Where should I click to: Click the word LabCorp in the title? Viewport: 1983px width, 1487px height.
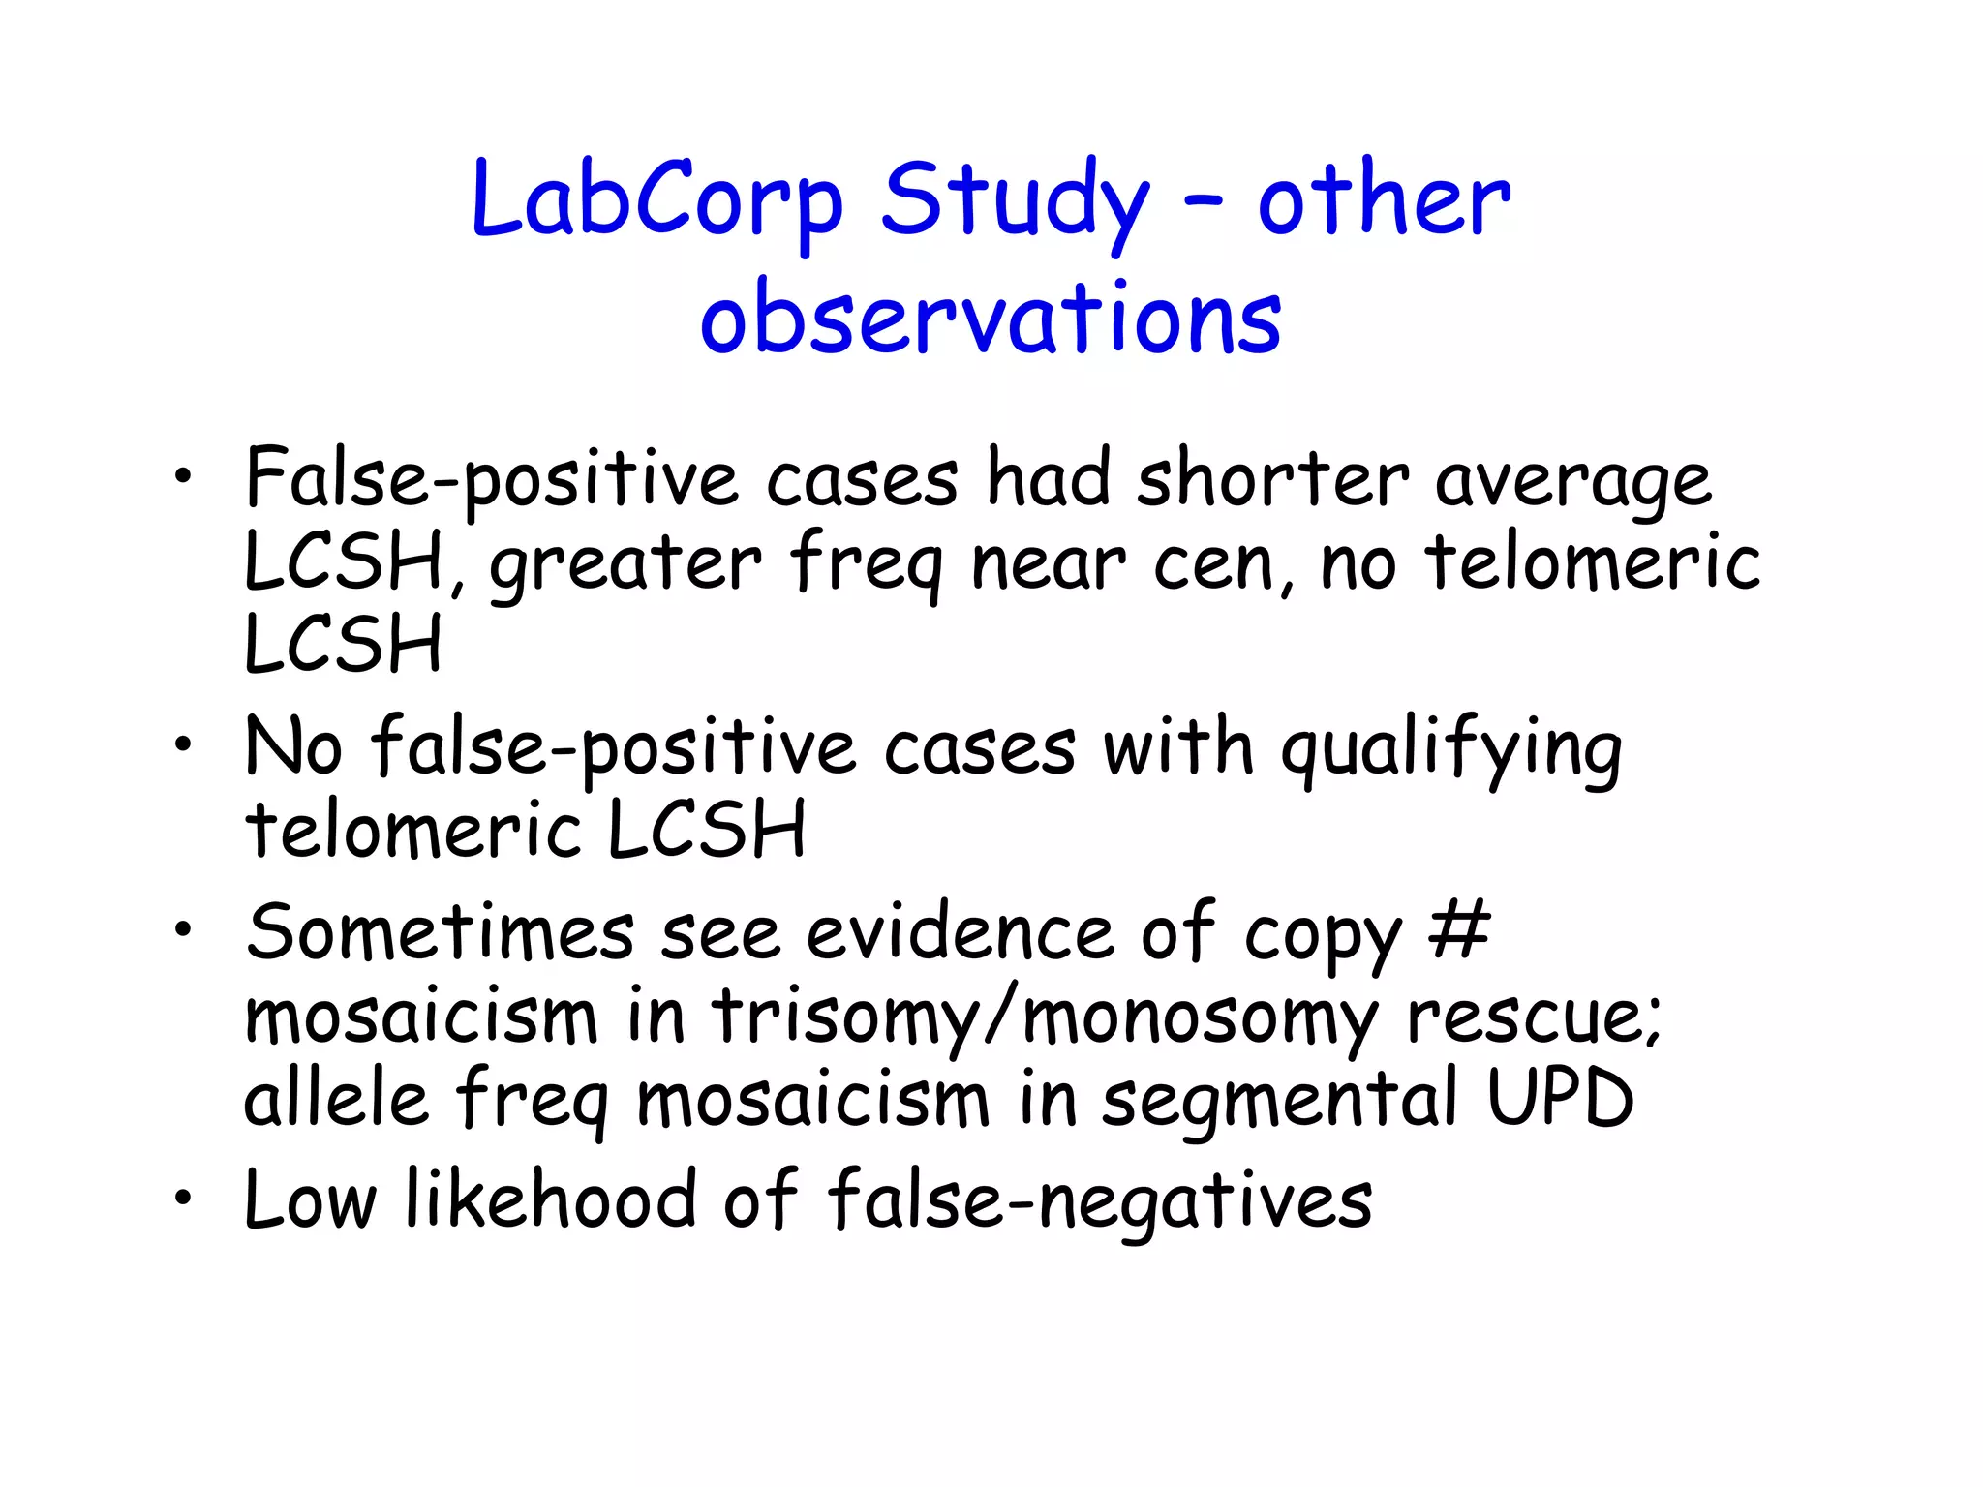pyautogui.click(x=657, y=201)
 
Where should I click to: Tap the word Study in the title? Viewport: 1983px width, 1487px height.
pyautogui.click(x=1016, y=201)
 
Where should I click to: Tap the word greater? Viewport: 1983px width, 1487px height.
pyautogui.click(x=625, y=564)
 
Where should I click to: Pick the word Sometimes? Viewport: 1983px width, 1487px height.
pyautogui.click(x=440, y=932)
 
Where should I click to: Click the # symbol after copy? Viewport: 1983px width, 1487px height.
pyautogui.click(x=1458, y=930)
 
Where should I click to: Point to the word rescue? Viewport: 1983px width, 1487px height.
pyautogui.click(x=1534, y=1018)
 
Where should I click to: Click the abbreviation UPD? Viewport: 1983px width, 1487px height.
pyautogui.click(x=1561, y=1099)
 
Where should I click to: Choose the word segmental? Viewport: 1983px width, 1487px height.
pyautogui.click(x=1278, y=1102)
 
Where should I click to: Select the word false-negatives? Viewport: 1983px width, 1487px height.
pyautogui.click(x=1099, y=1200)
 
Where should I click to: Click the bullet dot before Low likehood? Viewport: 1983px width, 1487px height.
pyautogui.click(x=182, y=1199)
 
